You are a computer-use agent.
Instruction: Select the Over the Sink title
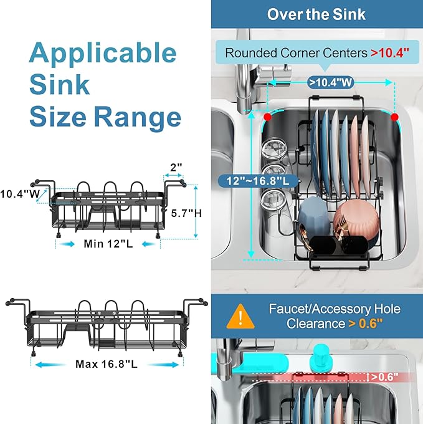(x=316, y=14)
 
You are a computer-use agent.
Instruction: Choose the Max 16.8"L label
(x=107, y=364)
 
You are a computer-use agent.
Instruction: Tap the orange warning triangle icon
(x=236, y=317)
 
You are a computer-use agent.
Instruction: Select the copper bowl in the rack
(x=352, y=218)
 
